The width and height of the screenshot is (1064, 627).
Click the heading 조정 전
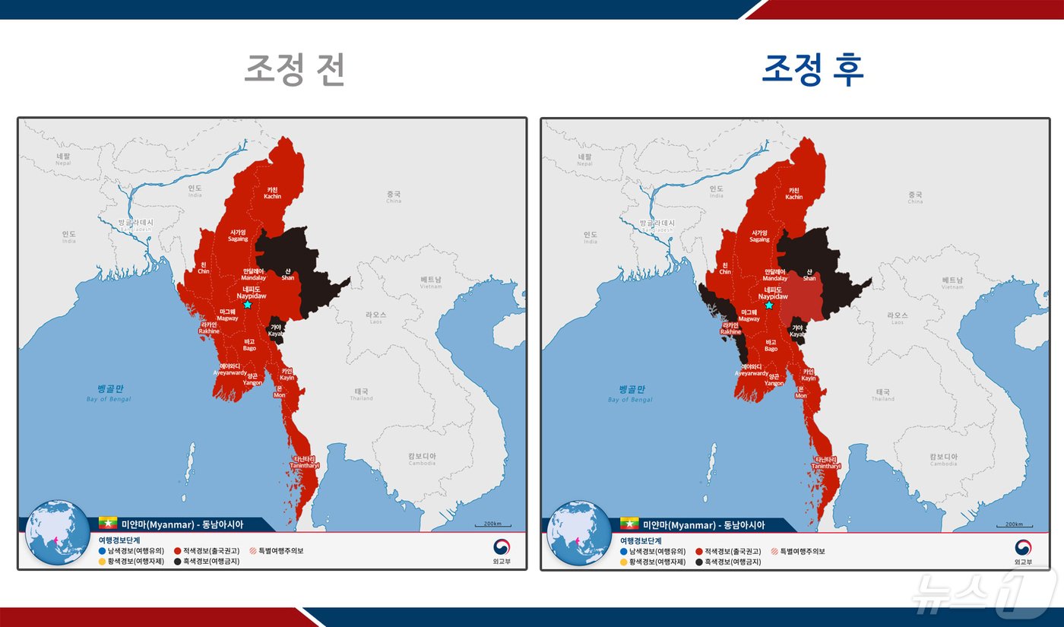click(294, 70)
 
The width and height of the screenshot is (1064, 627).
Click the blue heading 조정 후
click(812, 70)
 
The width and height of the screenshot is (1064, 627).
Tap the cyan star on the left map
click(247, 304)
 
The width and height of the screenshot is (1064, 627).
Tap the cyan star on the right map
click(768, 305)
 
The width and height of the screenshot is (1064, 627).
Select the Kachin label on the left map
click(272, 193)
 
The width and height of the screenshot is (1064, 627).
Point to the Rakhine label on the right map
click(730, 328)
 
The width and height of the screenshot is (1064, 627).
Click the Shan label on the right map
click(809, 274)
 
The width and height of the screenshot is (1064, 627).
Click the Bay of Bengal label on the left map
click(109, 393)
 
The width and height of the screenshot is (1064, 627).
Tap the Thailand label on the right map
click(882, 395)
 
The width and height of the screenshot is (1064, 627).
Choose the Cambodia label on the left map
click(422, 459)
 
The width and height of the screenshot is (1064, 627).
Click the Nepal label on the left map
click(63, 160)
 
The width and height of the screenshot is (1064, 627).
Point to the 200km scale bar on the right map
click(1013, 524)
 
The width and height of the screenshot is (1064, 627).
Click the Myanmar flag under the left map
click(107, 524)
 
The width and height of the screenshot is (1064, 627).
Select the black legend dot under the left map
click(177, 562)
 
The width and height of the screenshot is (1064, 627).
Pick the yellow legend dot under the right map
click(623, 562)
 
